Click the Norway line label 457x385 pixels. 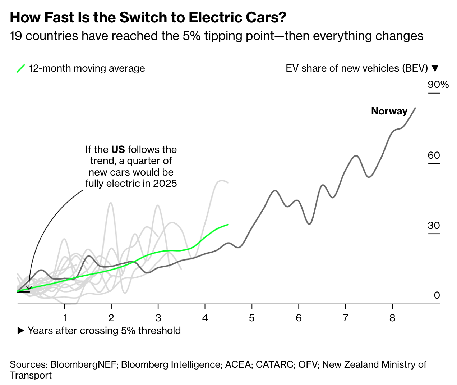pyautogui.click(x=389, y=111)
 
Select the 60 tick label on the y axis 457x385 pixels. pyautogui.click(x=434, y=155)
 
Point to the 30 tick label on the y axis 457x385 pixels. pyautogui.click(x=434, y=226)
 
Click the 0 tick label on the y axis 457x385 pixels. pyautogui.click(x=437, y=295)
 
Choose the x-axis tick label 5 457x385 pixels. pyautogui.click(x=252, y=318)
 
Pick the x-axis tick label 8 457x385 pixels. pyautogui.click(x=392, y=318)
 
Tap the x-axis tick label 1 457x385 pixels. pyautogui.click(x=65, y=318)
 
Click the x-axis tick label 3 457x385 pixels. pyautogui.click(x=158, y=318)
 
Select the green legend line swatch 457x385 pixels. pyautogui.click(x=21, y=68)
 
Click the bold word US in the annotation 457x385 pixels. pyautogui.click(x=118, y=149)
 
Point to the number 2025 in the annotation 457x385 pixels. pyautogui.click(x=165, y=183)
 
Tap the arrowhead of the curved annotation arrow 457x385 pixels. pyautogui.click(x=29, y=288)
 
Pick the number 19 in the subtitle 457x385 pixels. pyautogui.click(x=16, y=36)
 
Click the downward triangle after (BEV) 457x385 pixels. pyautogui.click(x=435, y=68)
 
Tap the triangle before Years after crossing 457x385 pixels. pyautogui.click(x=21, y=331)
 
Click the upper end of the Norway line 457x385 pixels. pyautogui.click(x=415, y=108)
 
